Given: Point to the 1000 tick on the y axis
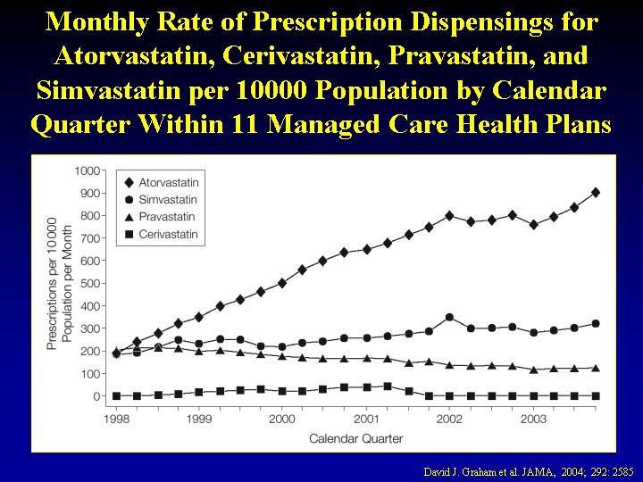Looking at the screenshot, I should [87, 170].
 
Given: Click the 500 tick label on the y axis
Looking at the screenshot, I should [89, 283].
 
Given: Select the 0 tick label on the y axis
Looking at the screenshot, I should [96, 396].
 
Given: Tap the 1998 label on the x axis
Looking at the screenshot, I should [115, 419].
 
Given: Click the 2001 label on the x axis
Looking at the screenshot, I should [366, 419].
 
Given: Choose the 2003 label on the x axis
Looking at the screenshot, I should [533, 419].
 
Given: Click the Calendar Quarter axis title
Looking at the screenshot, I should [355, 438].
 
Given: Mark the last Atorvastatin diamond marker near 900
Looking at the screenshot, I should [596, 192].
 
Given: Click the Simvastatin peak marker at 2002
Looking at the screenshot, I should [449, 317].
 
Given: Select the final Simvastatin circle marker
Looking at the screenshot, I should [596, 323].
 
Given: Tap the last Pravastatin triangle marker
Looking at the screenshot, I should [596, 368].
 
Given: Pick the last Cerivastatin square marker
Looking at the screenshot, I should [596, 395].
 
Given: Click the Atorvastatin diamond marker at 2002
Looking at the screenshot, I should [449, 215].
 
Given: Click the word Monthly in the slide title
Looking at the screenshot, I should [95, 22].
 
